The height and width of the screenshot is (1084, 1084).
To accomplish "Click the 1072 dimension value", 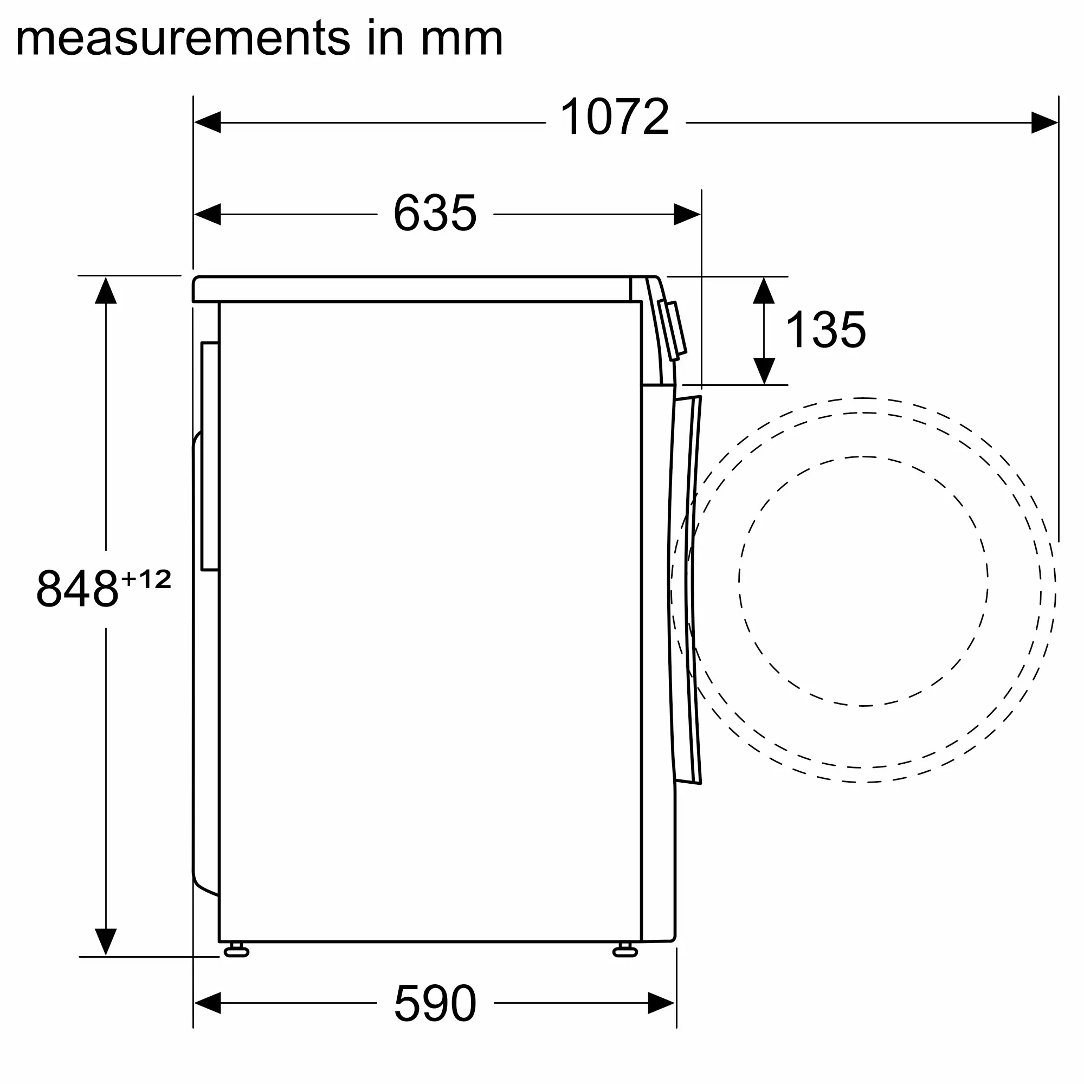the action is click(x=615, y=117).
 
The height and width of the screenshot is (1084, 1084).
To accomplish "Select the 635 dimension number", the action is click(x=435, y=213).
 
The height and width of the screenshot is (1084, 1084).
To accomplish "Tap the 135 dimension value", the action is click(x=825, y=330).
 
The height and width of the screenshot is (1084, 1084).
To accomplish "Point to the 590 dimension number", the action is click(x=435, y=1003).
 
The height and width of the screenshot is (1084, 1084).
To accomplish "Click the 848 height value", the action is click(x=78, y=589).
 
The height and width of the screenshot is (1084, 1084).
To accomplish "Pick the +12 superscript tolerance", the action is click(x=146, y=579).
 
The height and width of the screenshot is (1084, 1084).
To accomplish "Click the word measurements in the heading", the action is click(x=183, y=38).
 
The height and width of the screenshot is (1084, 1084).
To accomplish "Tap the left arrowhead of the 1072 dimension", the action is click(x=207, y=122).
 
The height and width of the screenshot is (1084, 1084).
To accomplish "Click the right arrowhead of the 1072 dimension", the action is click(x=1045, y=122).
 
